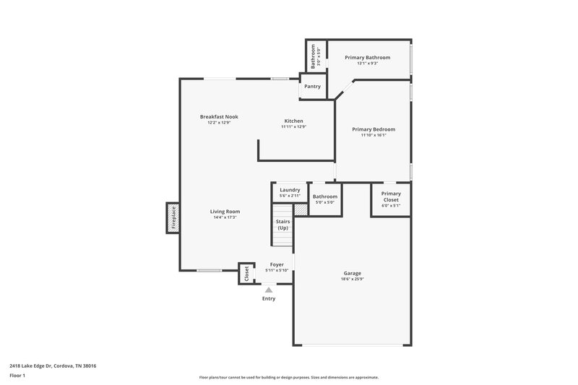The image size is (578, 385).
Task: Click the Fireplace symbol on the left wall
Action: click(173, 218)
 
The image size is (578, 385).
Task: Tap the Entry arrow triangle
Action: click(269, 290)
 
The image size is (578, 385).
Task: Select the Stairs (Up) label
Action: click(283, 225)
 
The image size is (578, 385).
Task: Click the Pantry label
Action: click(312, 87)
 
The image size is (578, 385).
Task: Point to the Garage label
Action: click(352, 273)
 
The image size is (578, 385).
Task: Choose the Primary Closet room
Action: click(391, 199)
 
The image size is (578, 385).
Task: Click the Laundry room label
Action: click(290, 190)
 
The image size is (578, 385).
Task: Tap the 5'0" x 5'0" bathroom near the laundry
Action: click(325, 199)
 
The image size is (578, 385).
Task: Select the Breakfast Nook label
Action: click(219, 116)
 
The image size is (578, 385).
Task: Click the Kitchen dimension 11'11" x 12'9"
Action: click(293, 126)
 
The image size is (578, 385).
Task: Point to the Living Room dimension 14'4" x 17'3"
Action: click(225, 217)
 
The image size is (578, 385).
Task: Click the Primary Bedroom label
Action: click(374, 129)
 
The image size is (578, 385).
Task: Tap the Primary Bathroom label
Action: click(367, 57)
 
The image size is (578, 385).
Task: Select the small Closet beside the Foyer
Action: click(246, 274)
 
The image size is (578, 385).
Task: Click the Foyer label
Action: click(277, 264)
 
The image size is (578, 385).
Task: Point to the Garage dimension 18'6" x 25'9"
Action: click(352, 280)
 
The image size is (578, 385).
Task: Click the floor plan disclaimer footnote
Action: click(288, 377)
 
